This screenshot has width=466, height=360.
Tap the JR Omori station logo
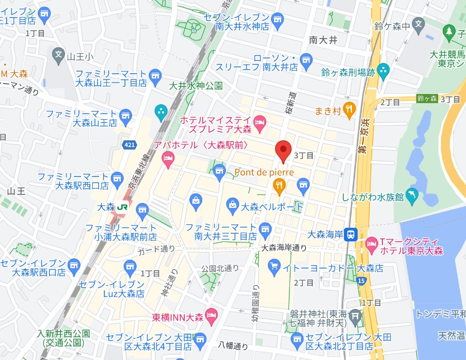tap(122, 206)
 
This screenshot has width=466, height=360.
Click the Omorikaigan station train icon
tap(351, 234)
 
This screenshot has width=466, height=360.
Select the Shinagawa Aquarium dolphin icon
tap(412, 195)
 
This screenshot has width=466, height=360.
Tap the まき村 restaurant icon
tap(350, 109)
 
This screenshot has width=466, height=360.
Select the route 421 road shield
tap(130, 146)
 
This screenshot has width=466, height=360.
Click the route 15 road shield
tap(361, 281)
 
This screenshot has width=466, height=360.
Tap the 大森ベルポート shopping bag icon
tap(233, 206)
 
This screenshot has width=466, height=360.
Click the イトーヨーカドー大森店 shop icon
tap(275, 267)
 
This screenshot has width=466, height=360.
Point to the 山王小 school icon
tap(58, 54)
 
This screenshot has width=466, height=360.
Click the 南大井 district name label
tap(323, 40)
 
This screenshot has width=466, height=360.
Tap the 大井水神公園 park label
tap(197, 85)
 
